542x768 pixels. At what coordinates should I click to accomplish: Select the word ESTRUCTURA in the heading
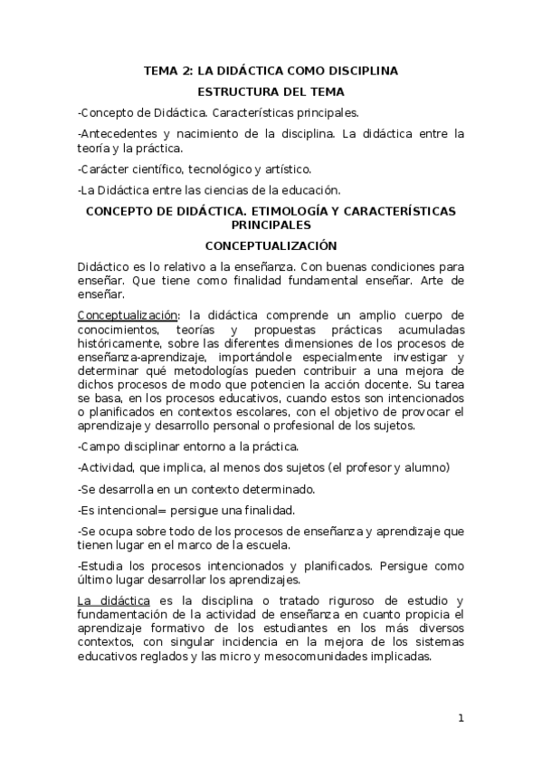(239, 91)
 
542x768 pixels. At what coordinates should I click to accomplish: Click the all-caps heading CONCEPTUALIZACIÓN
(271, 245)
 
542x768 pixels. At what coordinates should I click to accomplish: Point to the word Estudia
(103, 566)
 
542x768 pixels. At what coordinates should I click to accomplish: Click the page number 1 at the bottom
(461, 719)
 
